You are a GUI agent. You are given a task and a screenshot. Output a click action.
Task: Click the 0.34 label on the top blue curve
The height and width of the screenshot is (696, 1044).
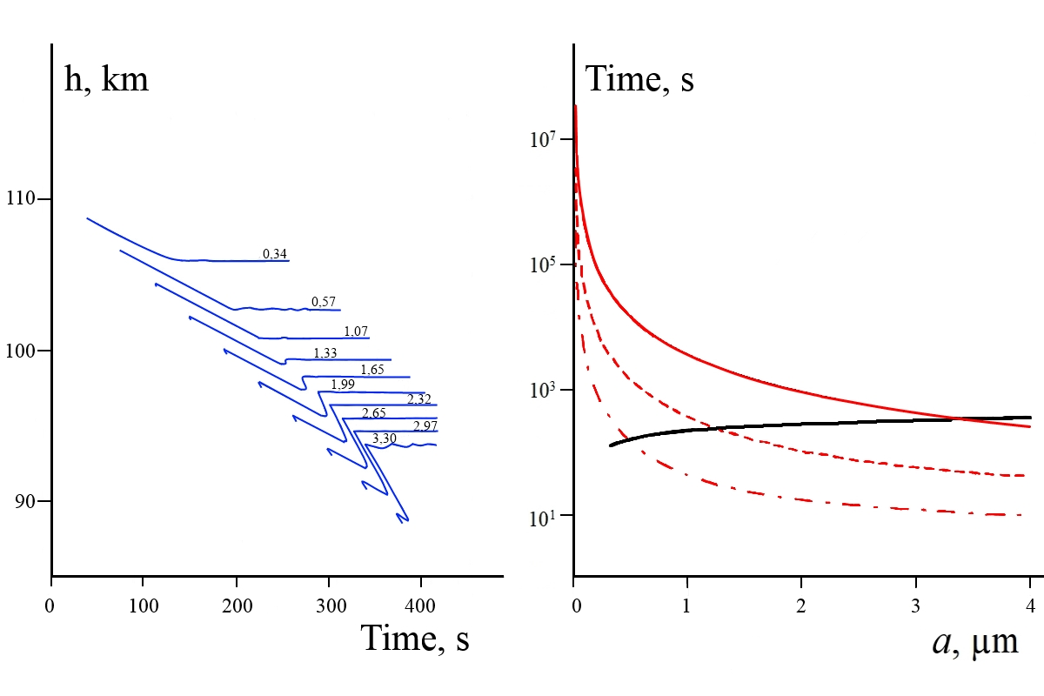pyautogui.click(x=274, y=254)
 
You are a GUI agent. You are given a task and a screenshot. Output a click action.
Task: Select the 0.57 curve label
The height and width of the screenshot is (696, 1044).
pyautogui.click(x=324, y=302)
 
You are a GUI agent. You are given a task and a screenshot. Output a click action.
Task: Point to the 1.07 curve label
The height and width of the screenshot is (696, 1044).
pyautogui.click(x=356, y=331)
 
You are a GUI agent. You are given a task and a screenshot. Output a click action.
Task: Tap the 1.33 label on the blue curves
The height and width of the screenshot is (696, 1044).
pyautogui.click(x=325, y=352)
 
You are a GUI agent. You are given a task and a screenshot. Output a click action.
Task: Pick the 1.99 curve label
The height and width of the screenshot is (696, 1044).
pyautogui.click(x=343, y=385)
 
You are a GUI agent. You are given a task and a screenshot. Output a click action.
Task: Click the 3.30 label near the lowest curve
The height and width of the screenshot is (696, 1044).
pyautogui.click(x=384, y=438)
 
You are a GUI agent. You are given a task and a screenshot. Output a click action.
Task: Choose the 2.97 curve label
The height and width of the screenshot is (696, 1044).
pyautogui.click(x=425, y=425)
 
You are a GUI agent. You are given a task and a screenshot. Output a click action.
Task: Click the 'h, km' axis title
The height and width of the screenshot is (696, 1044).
pyautogui.click(x=106, y=80)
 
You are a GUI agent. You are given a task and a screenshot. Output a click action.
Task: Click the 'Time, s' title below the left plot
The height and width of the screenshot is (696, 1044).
pyautogui.click(x=415, y=639)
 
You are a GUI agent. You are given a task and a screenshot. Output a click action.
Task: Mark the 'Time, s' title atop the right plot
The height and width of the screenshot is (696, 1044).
pyautogui.click(x=639, y=80)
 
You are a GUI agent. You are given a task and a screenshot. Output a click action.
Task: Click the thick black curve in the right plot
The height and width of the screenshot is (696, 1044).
pyautogui.click(x=783, y=425)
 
